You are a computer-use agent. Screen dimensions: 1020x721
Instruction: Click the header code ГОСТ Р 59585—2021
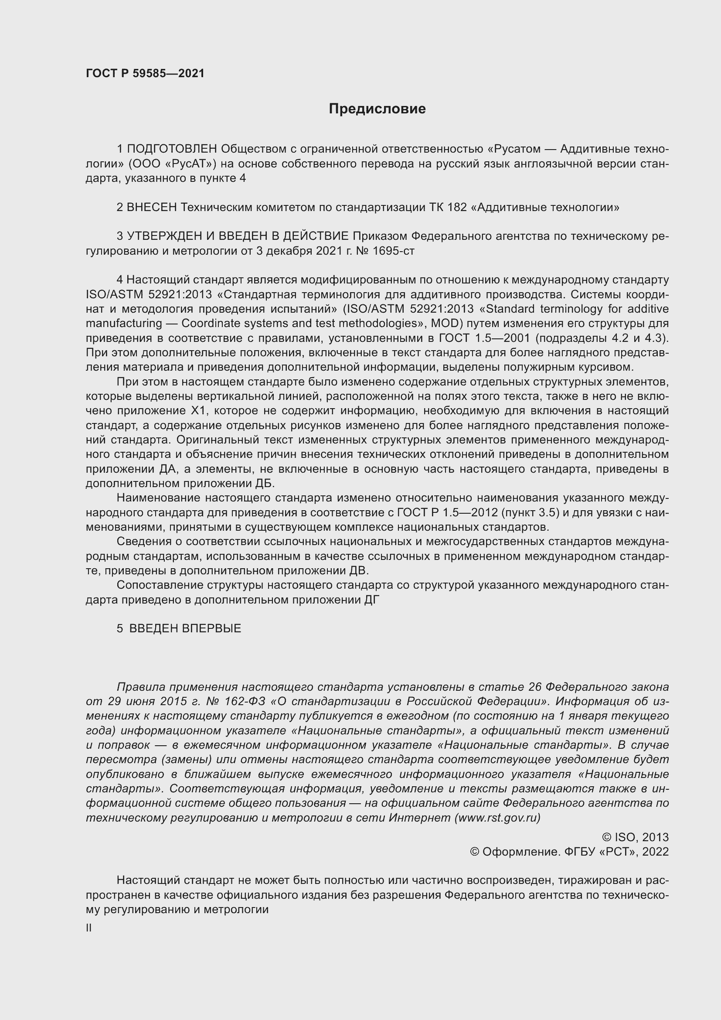[x=145, y=73]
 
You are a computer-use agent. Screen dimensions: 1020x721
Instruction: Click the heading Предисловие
[x=377, y=109]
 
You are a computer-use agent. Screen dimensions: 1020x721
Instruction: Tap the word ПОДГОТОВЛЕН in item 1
[x=172, y=149]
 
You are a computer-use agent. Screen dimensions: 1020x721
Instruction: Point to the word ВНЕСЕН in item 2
[x=152, y=208]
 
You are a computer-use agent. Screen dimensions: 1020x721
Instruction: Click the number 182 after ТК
[x=457, y=208]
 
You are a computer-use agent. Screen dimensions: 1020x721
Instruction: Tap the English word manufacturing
[x=124, y=323]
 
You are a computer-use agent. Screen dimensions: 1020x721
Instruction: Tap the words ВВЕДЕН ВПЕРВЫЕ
[x=185, y=628]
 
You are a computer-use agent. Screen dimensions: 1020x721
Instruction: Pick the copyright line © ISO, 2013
[x=635, y=837]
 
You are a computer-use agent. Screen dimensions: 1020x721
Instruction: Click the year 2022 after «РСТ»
[x=655, y=852]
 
